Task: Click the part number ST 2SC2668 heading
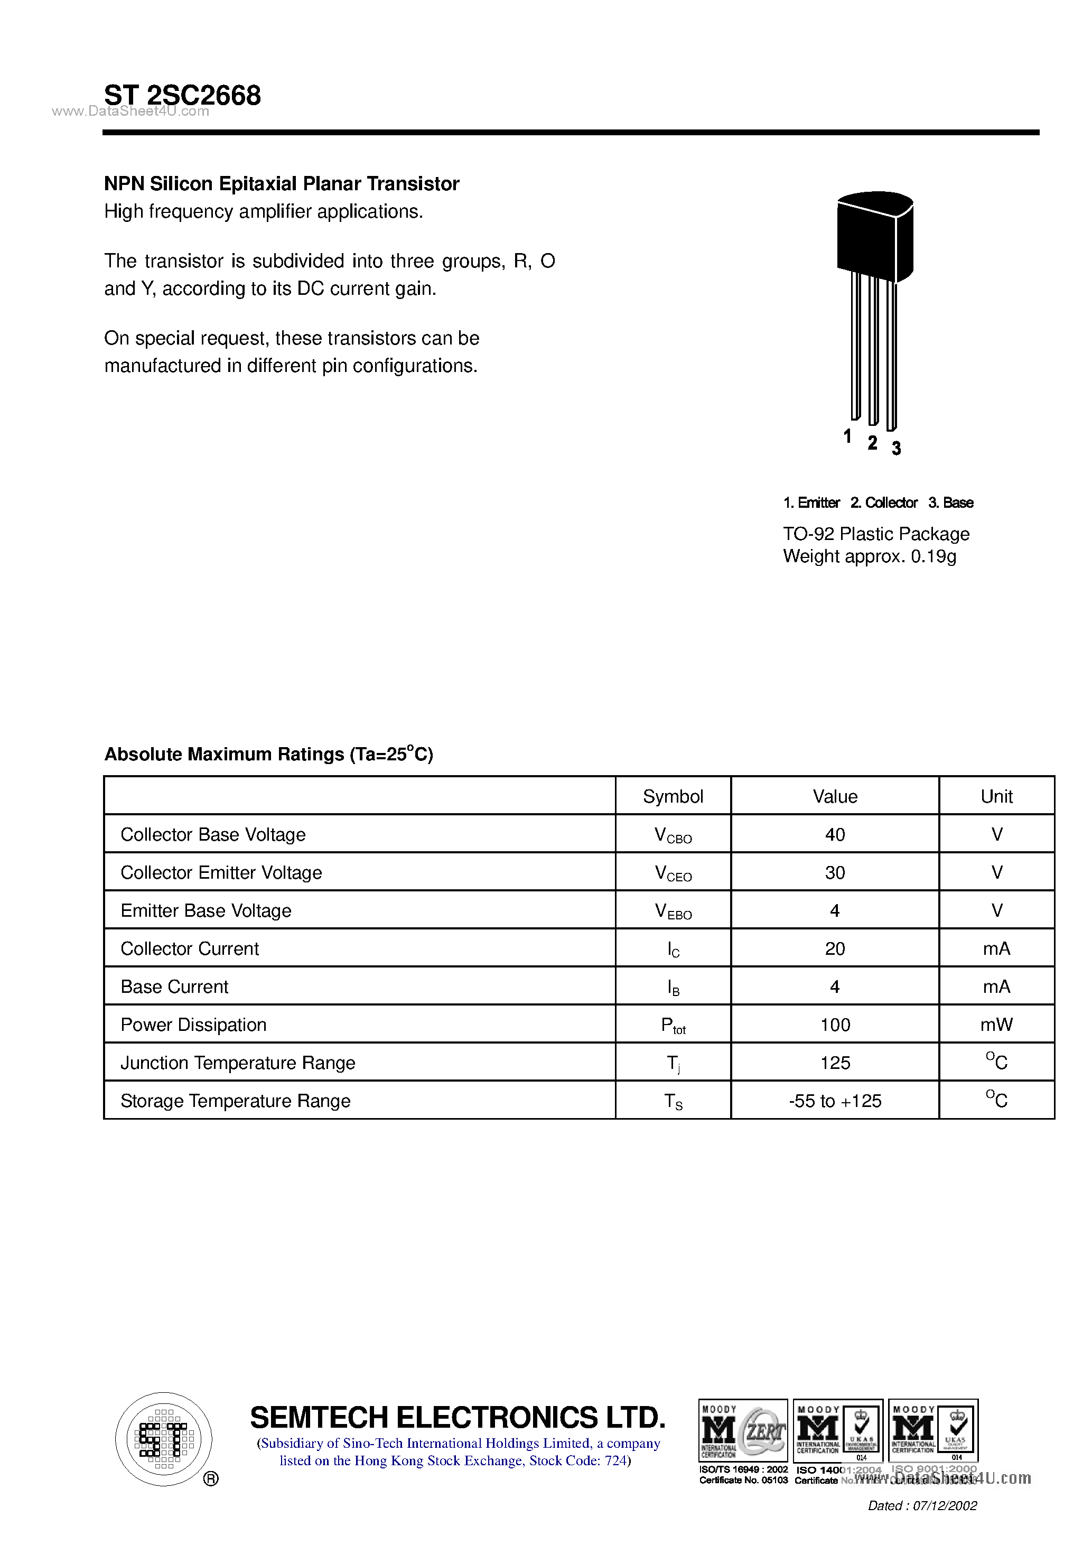(182, 96)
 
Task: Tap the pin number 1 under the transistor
(847, 436)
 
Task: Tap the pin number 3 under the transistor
(896, 448)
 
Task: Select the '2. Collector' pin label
(883, 502)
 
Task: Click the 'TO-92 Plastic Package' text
(876, 534)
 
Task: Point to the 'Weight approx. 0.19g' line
(869, 556)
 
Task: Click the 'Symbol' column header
(673, 796)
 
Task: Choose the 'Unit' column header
(996, 796)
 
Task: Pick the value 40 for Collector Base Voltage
(834, 834)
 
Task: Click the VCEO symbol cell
(673, 873)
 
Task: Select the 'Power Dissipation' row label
(194, 1025)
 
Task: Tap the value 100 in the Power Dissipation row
(835, 1025)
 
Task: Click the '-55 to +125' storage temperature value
(835, 1101)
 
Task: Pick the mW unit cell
(996, 1025)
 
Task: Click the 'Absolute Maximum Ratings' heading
(268, 755)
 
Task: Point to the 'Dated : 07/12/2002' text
(922, 1505)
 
